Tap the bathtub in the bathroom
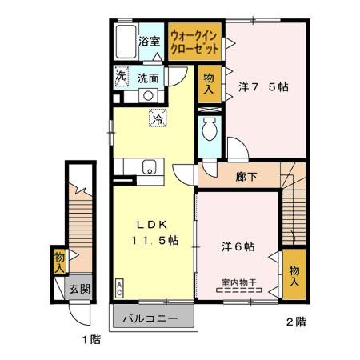tap(125, 42)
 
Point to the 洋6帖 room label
tap(239, 246)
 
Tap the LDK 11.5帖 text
tap(150, 232)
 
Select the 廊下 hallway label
tap(245, 177)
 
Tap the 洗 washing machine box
tap(120, 78)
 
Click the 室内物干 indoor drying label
tap(238, 284)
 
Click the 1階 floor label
tap(90, 339)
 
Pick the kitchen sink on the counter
tap(148, 167)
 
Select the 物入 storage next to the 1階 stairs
tap(59, 262)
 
